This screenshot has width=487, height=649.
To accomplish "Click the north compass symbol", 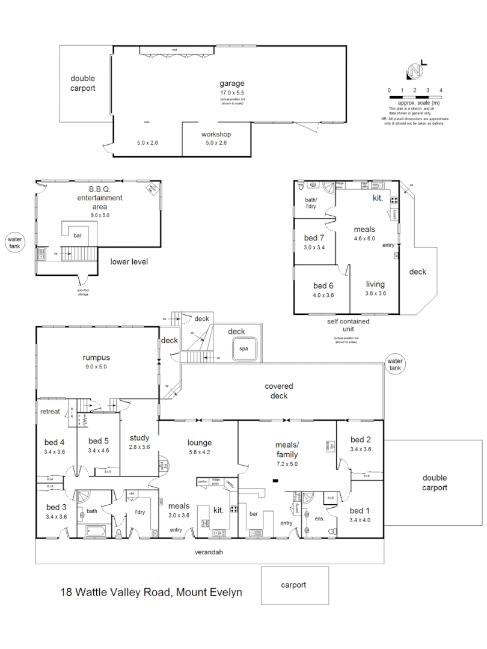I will [415, 70].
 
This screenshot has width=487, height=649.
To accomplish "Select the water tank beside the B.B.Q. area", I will [14, 242].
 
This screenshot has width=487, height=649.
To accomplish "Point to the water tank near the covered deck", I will [395, 364].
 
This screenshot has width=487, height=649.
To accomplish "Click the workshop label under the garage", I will [216, 134].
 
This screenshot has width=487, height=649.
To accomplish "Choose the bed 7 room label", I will [314, 237].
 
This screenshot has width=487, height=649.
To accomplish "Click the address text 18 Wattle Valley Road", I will [151, 592].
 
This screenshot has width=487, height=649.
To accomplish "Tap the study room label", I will [139, 437].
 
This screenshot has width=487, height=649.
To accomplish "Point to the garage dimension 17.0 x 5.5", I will [231, 94].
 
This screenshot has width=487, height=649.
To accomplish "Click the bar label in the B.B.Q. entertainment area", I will [77, 236].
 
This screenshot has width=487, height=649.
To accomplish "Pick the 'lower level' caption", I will [129, 262].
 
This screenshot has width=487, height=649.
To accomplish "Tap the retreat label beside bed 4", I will [49, 412].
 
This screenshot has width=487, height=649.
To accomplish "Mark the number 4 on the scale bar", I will [441, 90].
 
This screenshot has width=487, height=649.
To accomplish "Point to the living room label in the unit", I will [375, 284].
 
